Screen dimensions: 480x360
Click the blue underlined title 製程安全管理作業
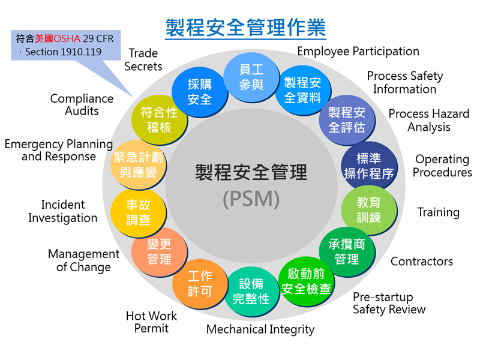pos(245,28)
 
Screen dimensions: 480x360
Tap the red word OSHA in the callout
pos(67,38)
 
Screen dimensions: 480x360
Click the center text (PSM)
pos(251,199)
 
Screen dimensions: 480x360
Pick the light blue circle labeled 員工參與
pos(251,77)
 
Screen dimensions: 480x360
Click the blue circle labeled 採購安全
pos(200,92)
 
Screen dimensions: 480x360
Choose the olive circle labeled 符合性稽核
pos(159,119)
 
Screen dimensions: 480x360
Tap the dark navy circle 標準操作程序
pos(369,166)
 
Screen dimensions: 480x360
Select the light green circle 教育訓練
pos(369,210)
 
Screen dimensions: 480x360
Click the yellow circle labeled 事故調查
pos(139,212)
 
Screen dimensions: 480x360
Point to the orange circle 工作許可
pos(200,283)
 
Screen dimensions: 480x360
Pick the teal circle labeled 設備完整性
pos(251,292)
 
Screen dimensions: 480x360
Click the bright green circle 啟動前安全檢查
pos(306,281)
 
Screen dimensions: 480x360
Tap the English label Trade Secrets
pos(143,59)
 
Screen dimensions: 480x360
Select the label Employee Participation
pos(358,52)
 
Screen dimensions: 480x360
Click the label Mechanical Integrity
pos(260,329)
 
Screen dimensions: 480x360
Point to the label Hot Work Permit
pos(152,322)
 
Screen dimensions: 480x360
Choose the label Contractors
pos(422,262)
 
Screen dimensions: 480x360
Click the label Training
pos(439,212)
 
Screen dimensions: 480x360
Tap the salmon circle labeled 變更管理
pos(159,252)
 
